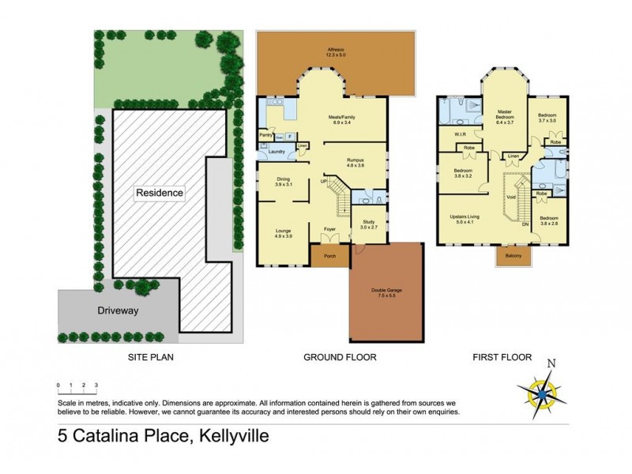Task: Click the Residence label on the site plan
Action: coord(159,193)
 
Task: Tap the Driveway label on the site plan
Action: coord(118,311)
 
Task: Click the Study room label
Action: coord(369,224)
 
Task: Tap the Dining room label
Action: coord(284,180)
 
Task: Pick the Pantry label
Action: coord(266,135)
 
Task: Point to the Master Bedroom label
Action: coord(505,119)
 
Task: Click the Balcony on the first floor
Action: coord(513,256)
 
